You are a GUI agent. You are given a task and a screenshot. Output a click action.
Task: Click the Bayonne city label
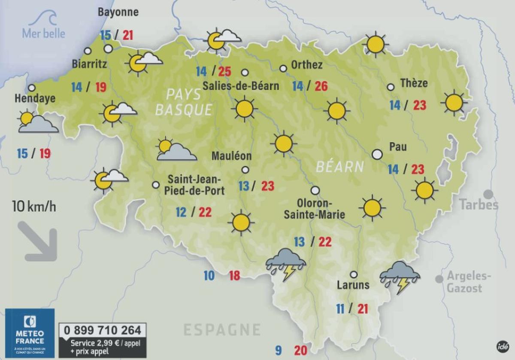(118, 12)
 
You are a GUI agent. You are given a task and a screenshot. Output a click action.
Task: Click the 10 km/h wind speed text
(34, 207)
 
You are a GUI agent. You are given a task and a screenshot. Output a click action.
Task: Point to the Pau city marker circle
(377, 154)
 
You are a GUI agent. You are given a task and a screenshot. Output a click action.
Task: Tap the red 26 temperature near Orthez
(321, 86)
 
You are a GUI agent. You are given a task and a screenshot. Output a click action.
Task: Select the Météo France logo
(30, 333)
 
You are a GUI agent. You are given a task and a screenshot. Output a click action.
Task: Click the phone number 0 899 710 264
(103, 330)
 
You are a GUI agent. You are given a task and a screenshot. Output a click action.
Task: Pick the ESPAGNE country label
(222, 330)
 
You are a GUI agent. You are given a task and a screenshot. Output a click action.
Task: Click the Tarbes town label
(479, 204)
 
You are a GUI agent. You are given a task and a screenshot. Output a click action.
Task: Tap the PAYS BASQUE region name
(184, 102)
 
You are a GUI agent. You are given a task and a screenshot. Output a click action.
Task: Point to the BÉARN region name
(340, 167)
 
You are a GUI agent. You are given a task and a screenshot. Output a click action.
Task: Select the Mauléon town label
(231, 156)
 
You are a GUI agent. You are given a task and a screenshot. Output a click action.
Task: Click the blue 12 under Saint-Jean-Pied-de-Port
(181, 212)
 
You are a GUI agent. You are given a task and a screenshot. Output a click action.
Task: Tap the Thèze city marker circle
(391, 87)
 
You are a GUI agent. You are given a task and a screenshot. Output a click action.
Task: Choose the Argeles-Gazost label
(469, 282)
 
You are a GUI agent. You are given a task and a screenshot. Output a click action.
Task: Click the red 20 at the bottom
(300, 351)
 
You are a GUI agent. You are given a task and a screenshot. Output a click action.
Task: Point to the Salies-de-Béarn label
(241, 85)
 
